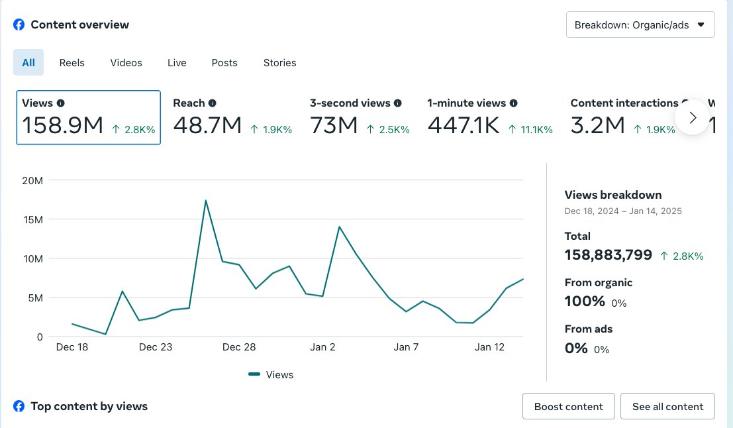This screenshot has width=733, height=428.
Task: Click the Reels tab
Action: pos(72,63)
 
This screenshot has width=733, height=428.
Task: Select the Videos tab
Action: pos(126,63)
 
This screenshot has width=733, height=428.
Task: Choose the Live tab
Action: pos(177,63)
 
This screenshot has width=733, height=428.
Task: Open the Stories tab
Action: pos(279,63)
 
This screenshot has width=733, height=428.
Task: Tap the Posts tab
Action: pos(224,63)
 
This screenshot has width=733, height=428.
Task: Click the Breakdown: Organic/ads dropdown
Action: pos(640,25)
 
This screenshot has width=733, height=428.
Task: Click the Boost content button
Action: pos(568,407)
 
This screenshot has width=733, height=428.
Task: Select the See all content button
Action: pos(667,407)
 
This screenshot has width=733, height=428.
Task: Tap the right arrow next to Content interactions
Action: pos(693,117)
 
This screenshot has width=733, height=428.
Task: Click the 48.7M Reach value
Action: pos(207,125)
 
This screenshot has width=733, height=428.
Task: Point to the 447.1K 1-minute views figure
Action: pos(464,125)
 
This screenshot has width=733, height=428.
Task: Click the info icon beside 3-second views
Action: pos(398,103)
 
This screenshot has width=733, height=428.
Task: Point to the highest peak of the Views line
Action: pos(206,201)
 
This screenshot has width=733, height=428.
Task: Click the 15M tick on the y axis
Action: pos(32,219)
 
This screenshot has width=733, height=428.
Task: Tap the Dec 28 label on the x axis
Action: pos(239,347)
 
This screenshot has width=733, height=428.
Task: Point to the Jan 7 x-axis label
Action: pos(406,347)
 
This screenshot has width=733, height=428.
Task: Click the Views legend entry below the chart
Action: pos(271,375)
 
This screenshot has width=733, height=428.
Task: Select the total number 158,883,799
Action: pos(608,255)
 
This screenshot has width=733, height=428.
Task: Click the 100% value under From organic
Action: pos(585,301)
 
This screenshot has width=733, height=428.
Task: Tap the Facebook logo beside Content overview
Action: pos(19,25)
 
